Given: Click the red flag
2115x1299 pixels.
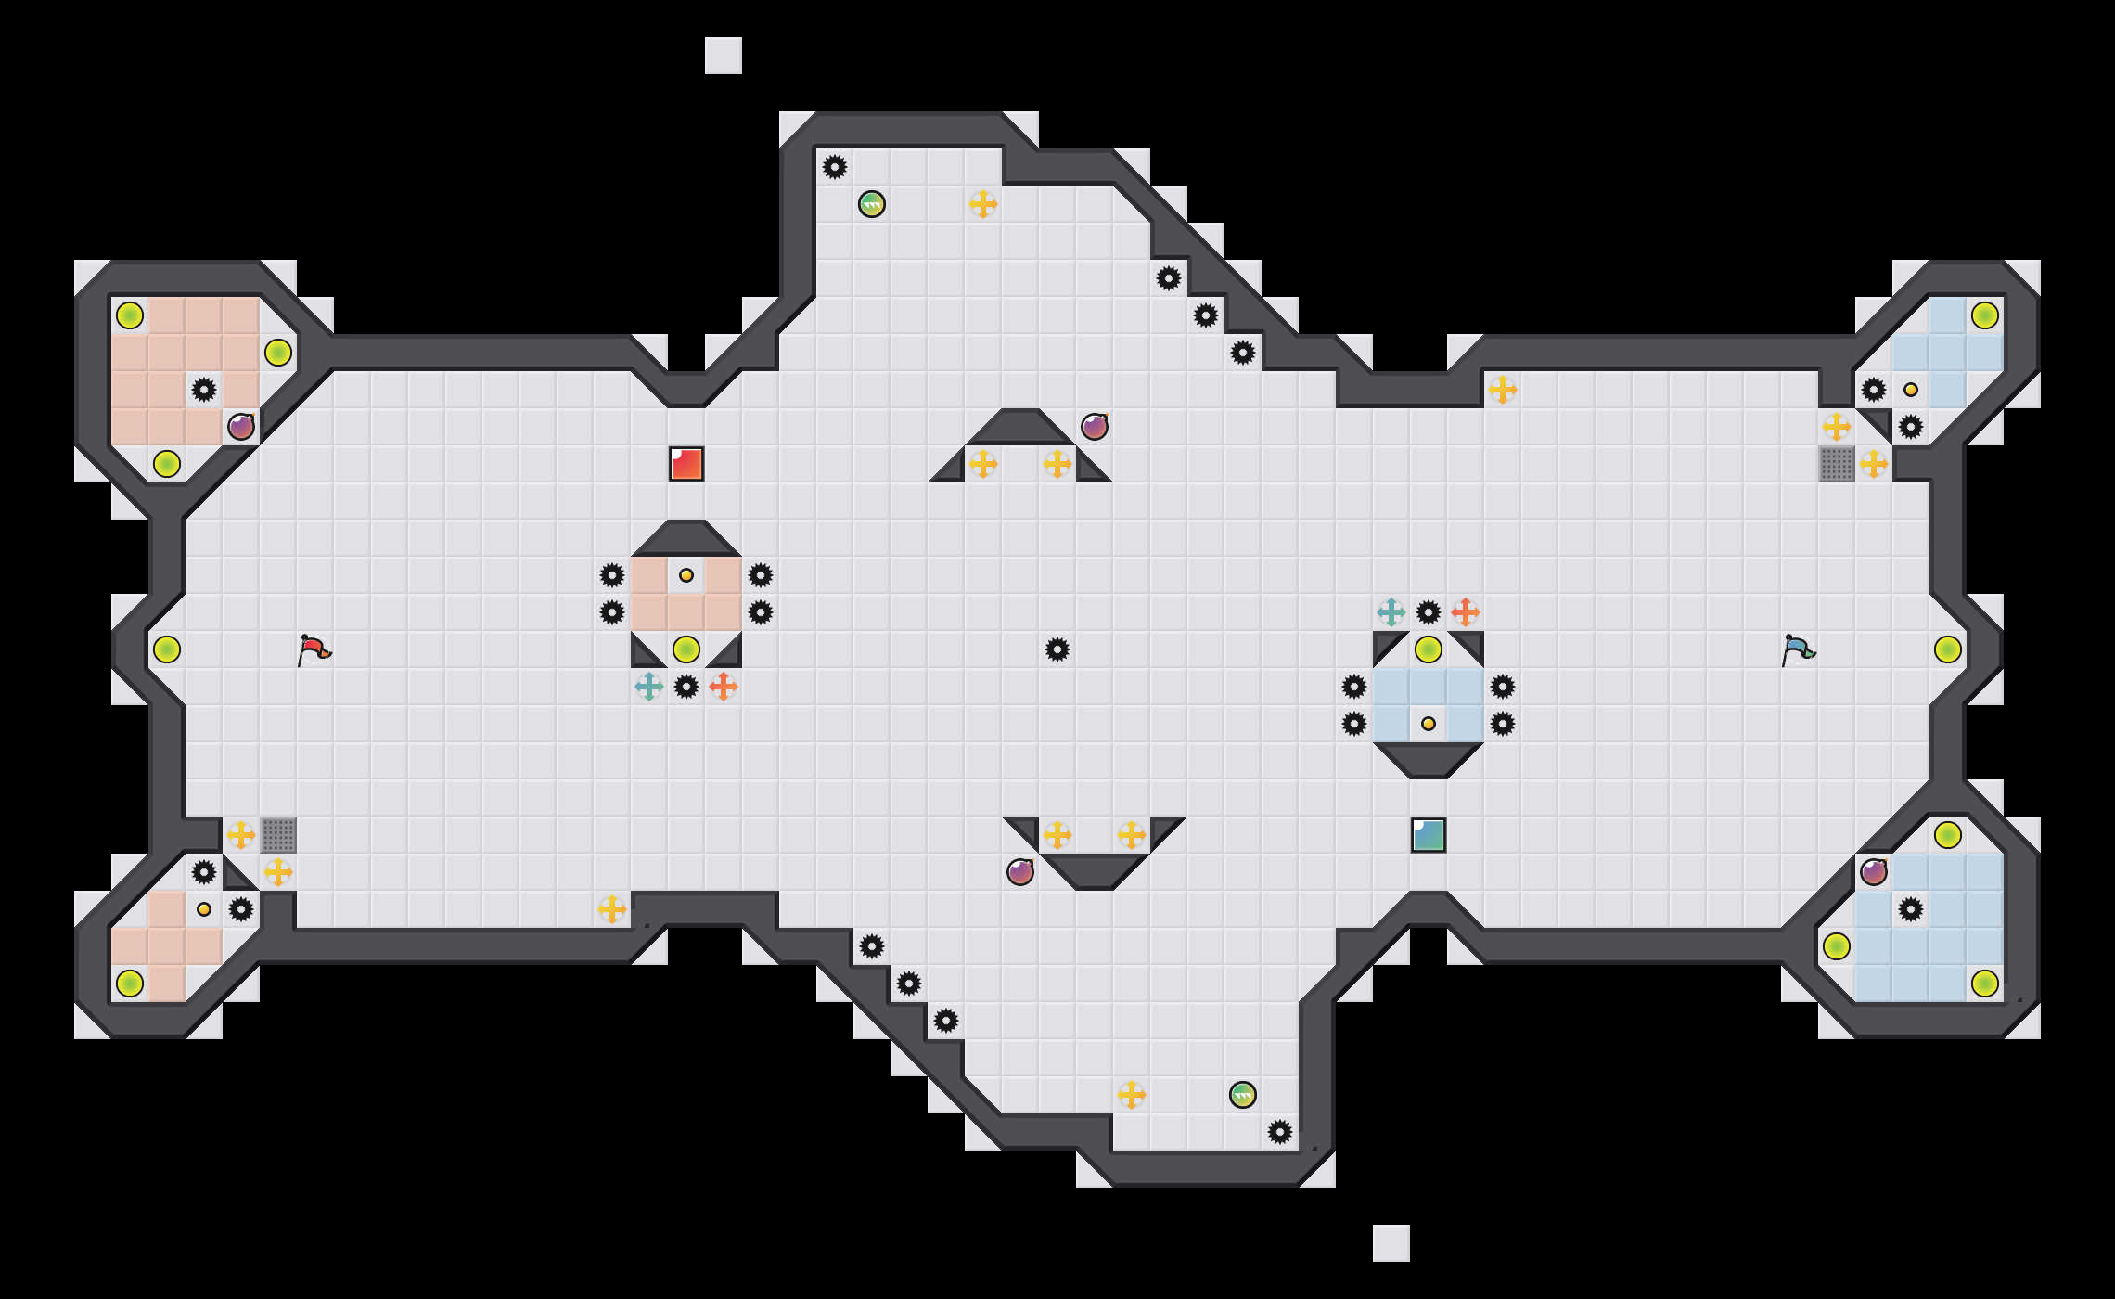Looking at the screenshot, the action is [314, 649].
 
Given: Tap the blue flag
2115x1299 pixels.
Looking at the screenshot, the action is [1798, 649].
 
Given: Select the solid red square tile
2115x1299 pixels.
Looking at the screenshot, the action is [686, 464].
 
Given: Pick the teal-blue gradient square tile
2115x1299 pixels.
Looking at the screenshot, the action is [1429, 835].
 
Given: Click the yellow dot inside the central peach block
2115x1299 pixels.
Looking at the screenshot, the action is [686, 575].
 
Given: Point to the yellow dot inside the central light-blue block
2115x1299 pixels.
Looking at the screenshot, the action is [1429, 724].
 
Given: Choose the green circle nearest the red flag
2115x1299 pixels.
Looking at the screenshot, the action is [167, 649].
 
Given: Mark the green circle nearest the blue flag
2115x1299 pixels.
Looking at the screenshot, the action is [1948, 649].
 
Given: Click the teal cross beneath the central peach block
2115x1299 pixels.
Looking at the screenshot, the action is [649, 687].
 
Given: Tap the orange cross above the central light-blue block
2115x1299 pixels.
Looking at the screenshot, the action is [1466, 612].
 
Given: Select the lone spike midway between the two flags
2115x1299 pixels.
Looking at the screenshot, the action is [1057, 649].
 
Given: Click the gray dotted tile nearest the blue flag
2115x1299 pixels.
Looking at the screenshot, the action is [1837, 464].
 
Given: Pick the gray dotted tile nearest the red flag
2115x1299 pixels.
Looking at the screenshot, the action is [278, 835].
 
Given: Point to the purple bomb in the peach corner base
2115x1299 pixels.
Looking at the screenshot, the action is [241, 427].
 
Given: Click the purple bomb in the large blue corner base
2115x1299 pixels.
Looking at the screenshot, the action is [1874, 872].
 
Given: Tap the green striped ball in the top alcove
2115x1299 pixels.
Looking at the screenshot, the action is [872, 204].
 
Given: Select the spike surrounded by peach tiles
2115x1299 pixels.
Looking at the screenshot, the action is [204, 390].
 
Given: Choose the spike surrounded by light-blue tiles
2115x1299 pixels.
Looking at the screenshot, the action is [1911, 909].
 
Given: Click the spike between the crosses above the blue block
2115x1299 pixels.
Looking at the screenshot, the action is [1429, 612].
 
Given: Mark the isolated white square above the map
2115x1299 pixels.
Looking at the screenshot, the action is [724, 56].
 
